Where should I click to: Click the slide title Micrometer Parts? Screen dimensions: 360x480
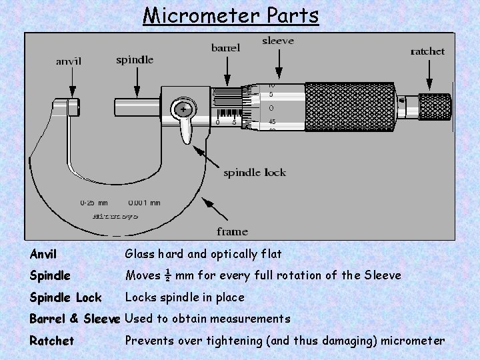[x=231, y=15]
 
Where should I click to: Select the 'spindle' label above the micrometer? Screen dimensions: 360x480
[x=135, y=59]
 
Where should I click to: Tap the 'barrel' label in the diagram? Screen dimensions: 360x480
[x=226, y=47]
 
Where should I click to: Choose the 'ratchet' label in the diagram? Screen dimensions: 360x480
[x=427, y=51]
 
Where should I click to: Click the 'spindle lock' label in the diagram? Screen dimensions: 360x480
[x=254, y=173]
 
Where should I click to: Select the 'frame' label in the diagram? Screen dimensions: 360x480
[x=232, y=231]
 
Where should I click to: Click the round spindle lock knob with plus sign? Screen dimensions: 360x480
[x=182, y=108]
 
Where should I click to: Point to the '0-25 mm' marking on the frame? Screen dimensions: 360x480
[x=94, y=203]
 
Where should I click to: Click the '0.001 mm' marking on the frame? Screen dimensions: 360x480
[x=144, y=203]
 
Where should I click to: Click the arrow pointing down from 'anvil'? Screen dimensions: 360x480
[x=72, y=83]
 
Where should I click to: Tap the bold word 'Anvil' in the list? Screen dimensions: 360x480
[x=43, y=254]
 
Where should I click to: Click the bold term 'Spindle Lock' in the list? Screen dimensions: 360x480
[x=65, y=297]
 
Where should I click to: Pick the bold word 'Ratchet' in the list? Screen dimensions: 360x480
[x=52, y=341]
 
